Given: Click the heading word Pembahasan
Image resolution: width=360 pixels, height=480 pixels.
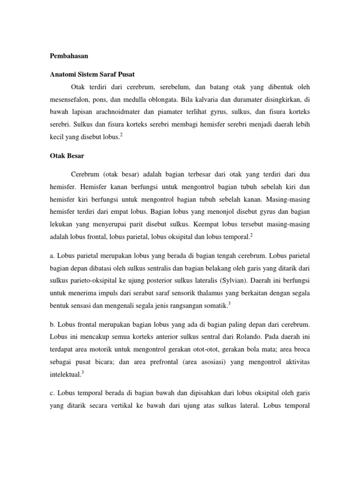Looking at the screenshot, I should click(x=69, y=56).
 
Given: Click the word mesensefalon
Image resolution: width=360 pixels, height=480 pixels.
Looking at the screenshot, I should click(x=72, y=100).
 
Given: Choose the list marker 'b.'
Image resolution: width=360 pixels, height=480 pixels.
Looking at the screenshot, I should click(x=52, y=324).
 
